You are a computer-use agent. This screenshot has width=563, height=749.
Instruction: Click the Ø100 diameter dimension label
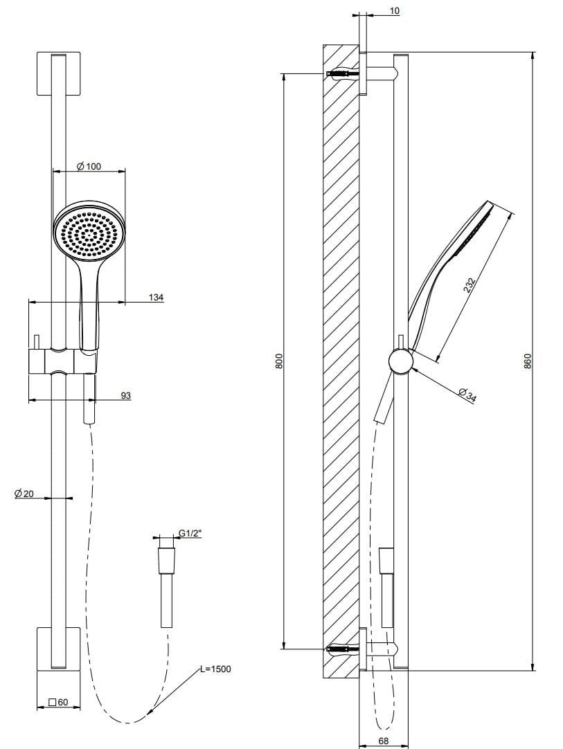point(88,166)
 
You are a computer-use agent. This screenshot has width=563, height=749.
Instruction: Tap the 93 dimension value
point(125,395)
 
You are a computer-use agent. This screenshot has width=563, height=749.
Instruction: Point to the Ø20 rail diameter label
point(24,494)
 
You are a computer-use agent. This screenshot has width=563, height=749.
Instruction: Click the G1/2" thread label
point(190,532)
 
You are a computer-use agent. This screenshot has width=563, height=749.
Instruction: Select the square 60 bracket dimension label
point(58,702)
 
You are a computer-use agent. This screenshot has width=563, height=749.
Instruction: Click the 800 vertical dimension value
point(279,361)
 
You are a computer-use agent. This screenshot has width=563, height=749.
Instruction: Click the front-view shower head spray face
point(88,232)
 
